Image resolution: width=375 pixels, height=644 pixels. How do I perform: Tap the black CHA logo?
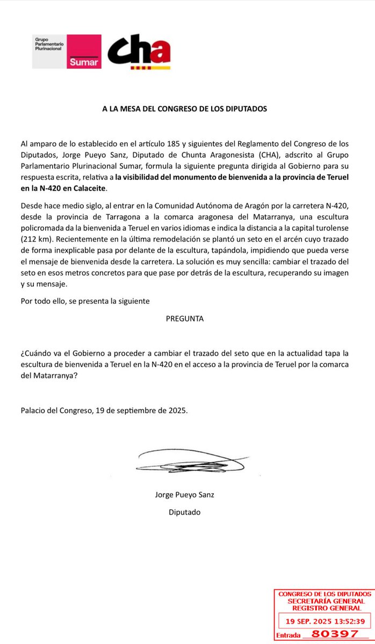coord(139,53)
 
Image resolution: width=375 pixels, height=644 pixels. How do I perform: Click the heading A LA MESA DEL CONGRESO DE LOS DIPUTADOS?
coord(185,108)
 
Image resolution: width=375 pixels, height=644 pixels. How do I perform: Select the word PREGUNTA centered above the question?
coord(185,318)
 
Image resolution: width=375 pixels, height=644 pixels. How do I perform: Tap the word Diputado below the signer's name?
coord(184,512)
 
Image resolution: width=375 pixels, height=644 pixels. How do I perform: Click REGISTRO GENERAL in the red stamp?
coord(322,608)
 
